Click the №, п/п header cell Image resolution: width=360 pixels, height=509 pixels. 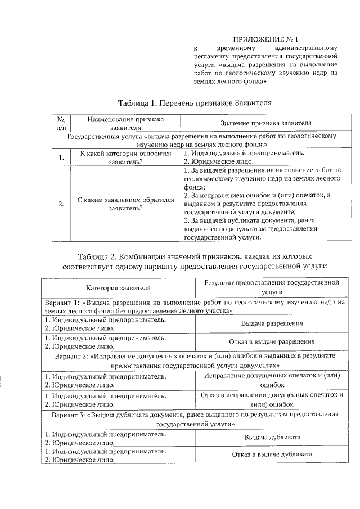click(x=61, y=123)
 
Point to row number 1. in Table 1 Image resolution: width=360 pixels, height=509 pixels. click(x=61, y=157)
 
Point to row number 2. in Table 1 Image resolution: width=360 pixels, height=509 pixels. click(x=61, y=204)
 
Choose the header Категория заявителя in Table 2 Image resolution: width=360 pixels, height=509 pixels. click(x=118, y=288)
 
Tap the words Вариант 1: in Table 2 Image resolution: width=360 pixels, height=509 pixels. click(x=61, y=302)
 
